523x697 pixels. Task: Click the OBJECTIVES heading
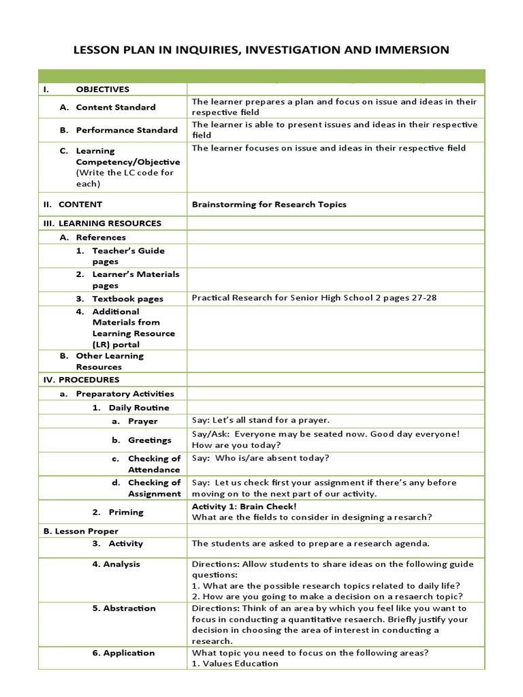(x=102, y=89)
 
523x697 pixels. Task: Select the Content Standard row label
(x=115, y=107)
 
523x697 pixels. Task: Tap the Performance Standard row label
(x=127, y=130)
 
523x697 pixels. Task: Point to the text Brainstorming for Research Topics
(x=269, y=204)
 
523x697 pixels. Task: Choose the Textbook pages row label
(x=128, y=298)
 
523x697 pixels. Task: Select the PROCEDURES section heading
(x=89, y=380)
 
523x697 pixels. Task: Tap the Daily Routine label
(x=139, y=408)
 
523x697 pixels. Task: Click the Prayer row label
(x=142, y=421)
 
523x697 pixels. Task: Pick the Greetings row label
(x=150, y=440)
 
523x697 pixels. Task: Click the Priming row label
(x=125, y=512)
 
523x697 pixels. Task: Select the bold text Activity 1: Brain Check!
(x=244, y=506)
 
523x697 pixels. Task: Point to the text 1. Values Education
(x=235, y=664)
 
